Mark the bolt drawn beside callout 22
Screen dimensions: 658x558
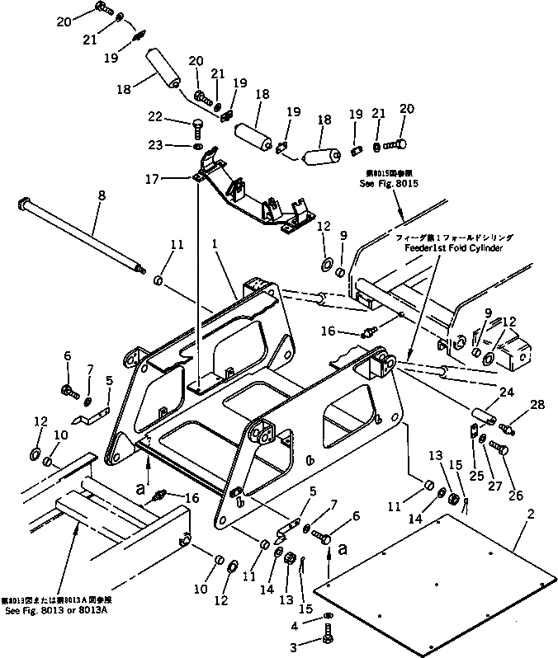(x=199, y=126)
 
